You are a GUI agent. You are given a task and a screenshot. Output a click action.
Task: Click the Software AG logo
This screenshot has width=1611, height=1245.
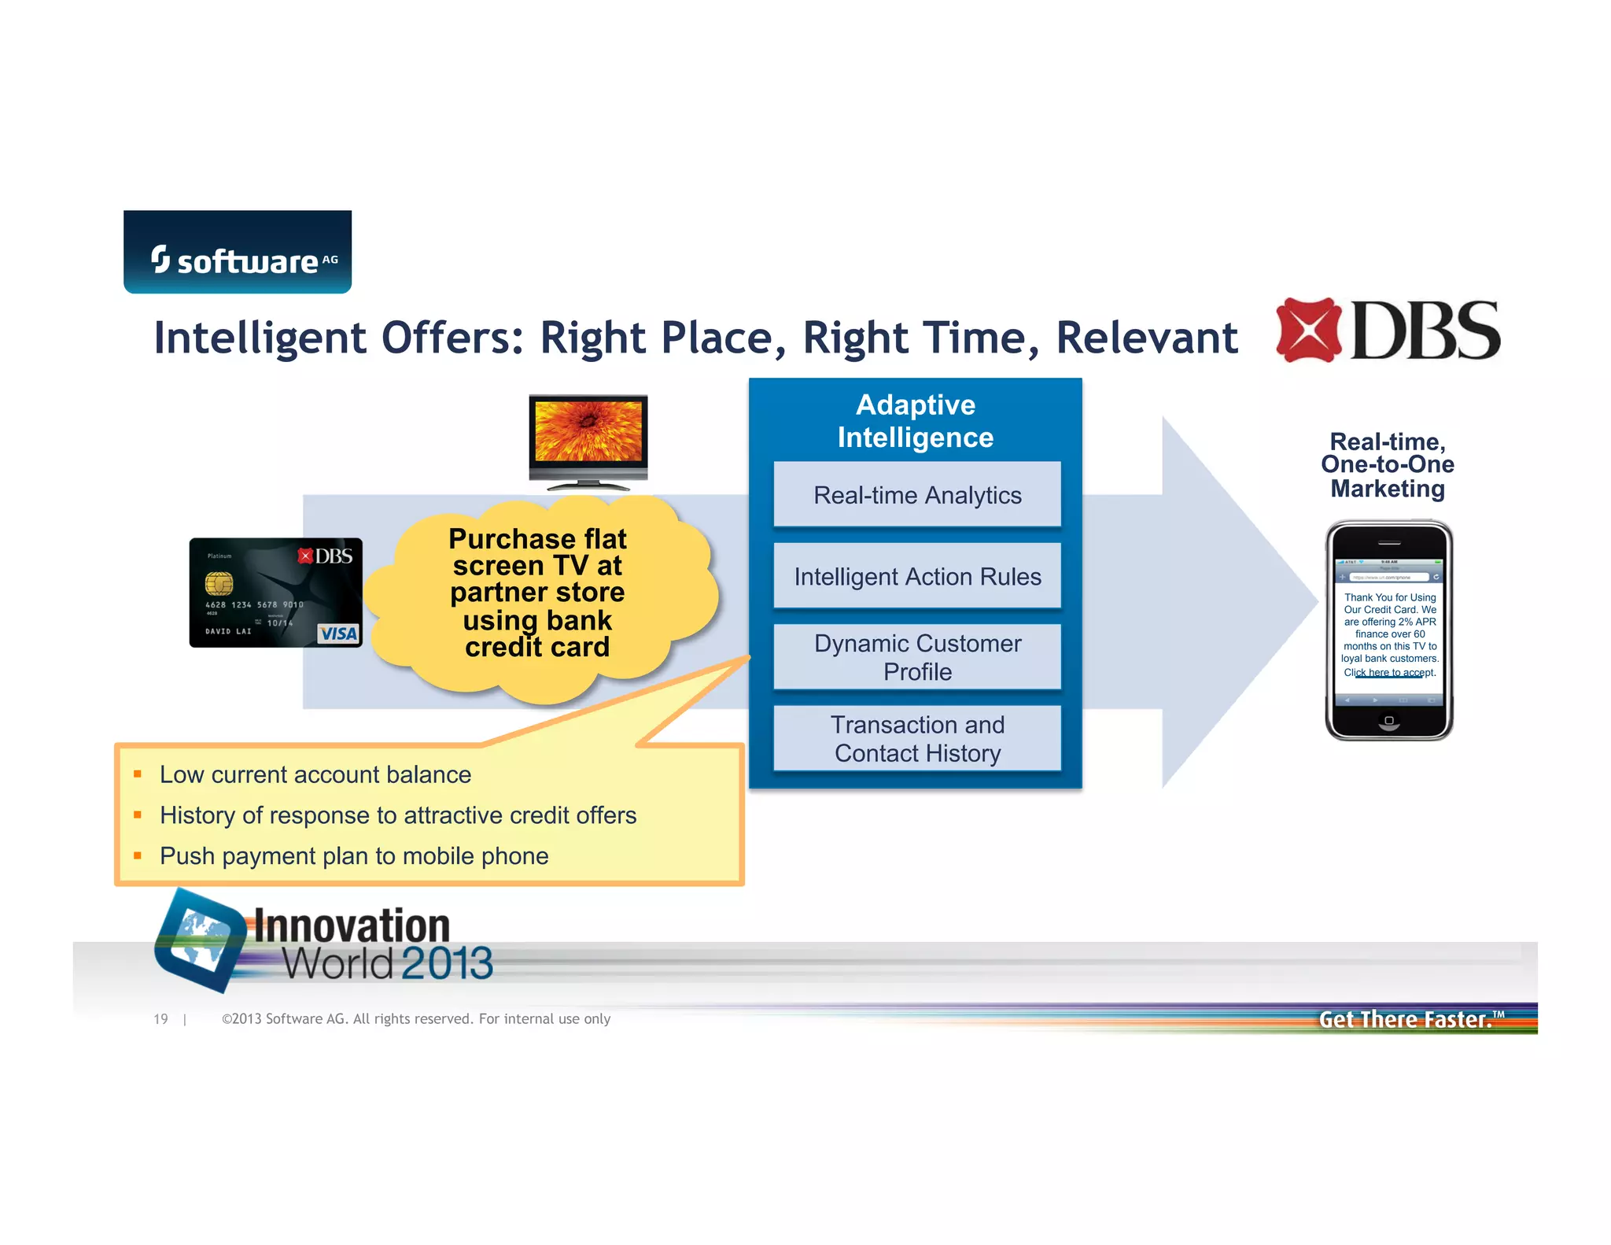(x=238, y=253)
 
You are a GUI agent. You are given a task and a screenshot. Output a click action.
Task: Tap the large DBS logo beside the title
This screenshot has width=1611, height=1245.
(x=1388, y=331)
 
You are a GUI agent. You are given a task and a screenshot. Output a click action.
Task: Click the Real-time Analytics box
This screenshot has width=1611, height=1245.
(x=917, y=495)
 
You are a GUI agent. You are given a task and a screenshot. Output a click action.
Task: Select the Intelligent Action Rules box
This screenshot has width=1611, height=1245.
(x=917, y=577)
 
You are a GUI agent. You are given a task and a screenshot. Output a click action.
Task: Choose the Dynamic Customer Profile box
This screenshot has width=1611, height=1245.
(x=917, y=657)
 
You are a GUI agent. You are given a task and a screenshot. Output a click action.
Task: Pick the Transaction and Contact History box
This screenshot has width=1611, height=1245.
(x=917, y=738)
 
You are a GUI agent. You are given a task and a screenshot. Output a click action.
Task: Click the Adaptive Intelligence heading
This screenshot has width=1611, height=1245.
(x=916, y=421)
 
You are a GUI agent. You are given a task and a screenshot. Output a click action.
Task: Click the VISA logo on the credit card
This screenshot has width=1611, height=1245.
(x=339, y=634)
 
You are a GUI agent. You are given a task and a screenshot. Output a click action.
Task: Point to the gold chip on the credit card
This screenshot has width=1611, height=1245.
(x=219, y=583)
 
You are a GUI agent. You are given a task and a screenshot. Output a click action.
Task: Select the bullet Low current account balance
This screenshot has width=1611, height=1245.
(x=315, y=774)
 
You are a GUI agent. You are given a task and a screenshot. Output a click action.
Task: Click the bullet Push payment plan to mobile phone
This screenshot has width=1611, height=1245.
(x=354, y=855)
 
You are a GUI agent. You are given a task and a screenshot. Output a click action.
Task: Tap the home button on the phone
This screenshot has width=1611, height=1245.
(x=1389, y=720)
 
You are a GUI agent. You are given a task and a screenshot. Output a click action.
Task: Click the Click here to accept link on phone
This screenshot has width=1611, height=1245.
(x=1389, y=673)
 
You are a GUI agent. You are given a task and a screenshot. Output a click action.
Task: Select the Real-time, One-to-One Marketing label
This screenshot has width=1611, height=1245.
(x=1388, y=465)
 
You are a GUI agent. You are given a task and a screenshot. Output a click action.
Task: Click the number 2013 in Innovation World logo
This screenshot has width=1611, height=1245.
(x=446, y=963)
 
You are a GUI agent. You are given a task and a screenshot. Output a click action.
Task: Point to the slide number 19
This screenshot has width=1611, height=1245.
(x=161, y=1019)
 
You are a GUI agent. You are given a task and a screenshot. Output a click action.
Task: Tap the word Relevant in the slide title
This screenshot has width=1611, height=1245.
(x=1146, y=338)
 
